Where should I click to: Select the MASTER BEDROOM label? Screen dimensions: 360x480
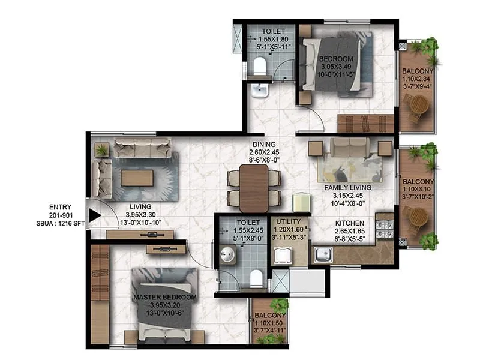(166, 298)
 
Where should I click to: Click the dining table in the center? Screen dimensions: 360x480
(253, 188)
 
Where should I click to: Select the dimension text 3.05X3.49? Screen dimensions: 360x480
(334, 67)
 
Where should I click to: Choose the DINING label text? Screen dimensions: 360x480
(264, 144)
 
